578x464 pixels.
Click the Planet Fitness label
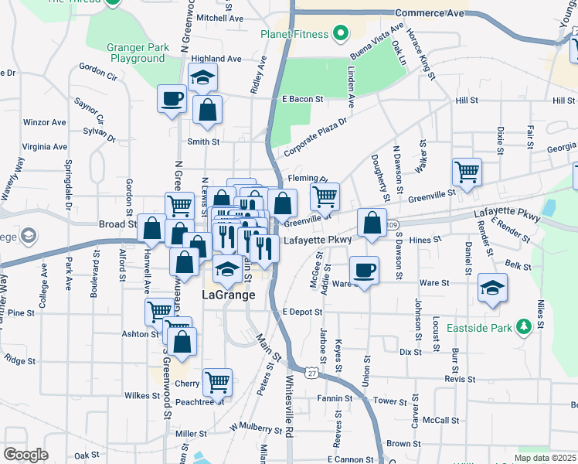pyautogui.click(x=295, y=34)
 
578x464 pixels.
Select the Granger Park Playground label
pyautogui.click(x=138, y=53)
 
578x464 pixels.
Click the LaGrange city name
pyautogui.click(x=228, y=295)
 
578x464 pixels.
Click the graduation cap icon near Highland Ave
pyautogui.click(x=202, y=77)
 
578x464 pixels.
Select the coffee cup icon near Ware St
pyautogui.click(x=364, y=270)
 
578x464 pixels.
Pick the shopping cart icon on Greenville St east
pyautogui.click(x=466, y=172)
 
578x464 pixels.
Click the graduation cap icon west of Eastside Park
pyautogui.click(x=492, y=288)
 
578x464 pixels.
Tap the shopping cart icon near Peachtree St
pyautogui.click(x=217, y=381)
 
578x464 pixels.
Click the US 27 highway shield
pyautogui.click(x=311, y=373)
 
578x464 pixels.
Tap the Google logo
pyautogui.click(x=26, y=455)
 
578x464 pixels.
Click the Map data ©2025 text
pyautogui.click(x=545, y=458)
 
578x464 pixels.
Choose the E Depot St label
pyautogui.click(x=301, y=312)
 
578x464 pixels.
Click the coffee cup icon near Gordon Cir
pyautogui.click(x=172, y=99)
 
